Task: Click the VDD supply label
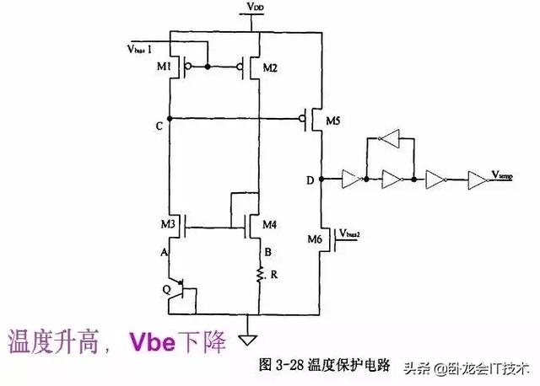[x=255, y=8]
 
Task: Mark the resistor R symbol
[x=257, y=276]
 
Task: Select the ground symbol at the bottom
[x=247, y=340]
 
